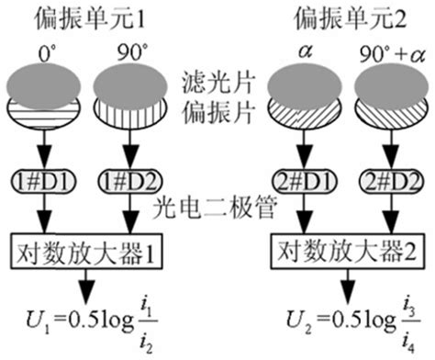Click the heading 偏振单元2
335,16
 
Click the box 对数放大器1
84,249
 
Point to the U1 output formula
84,322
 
